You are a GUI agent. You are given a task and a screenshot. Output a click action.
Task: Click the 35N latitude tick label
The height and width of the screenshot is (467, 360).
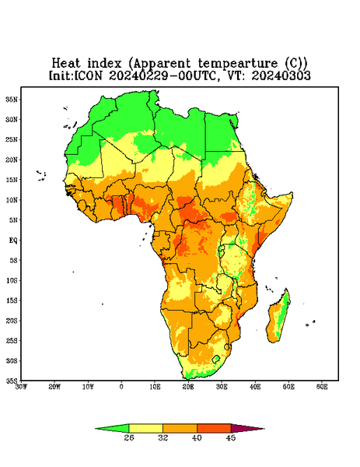(x=12, y=99)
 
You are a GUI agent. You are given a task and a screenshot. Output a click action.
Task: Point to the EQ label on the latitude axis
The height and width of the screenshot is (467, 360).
(x=12, y=240)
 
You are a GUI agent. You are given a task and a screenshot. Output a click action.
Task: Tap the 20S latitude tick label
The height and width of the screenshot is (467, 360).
(x=12, y=321)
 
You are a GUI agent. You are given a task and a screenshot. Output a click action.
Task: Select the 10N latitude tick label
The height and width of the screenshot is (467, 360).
(x=12, y=200)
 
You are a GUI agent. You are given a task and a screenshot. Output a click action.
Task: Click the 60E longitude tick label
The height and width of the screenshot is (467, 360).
(x=322, y=387)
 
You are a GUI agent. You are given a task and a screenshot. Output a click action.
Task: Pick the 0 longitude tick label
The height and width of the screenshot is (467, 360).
(x=121, y=387)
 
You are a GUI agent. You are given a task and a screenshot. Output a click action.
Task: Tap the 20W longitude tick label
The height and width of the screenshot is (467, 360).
(x=54, y=387)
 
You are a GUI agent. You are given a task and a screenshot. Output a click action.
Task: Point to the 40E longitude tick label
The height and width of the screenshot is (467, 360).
(x=255, y=387)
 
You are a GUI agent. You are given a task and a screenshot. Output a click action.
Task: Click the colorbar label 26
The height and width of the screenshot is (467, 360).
(x=129, y=437)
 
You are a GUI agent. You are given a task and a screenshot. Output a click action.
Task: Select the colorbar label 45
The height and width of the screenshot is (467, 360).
(x=231, y=437)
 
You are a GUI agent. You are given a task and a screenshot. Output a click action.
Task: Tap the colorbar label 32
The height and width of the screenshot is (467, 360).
(x=163, y=437)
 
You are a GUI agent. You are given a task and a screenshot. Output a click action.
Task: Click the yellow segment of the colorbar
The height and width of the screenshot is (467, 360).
(x=145, y=428)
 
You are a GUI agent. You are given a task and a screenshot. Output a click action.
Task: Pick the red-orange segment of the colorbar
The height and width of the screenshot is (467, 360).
(x=214, y=428)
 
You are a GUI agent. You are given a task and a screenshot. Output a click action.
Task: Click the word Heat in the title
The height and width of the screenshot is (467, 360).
(x=66, y=64)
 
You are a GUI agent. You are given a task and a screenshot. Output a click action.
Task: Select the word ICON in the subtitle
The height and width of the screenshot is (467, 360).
(x=89, y=75)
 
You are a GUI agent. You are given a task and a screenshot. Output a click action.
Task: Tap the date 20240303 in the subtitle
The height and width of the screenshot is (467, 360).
(x=281, y=75)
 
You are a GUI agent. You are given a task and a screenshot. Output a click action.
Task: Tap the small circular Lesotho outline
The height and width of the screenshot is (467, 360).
(x=216, y=359)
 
